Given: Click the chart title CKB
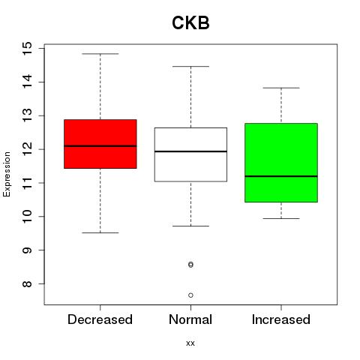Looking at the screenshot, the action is (x=190, y=23).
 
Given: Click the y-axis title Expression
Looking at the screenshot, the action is (x=7, y=174).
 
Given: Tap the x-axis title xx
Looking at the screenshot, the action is (x=190, y=343).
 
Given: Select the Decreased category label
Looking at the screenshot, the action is (x=100, y=319).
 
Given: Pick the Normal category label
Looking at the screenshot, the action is (x=190, y=319).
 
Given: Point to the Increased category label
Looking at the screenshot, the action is (x=281, y=319).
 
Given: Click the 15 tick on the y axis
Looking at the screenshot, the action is (x=27, y=49).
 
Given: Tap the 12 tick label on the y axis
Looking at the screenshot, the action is (x=27, y=149).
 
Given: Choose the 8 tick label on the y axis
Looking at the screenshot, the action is (x=27, y=283).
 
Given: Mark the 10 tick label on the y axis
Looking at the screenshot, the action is (x=27, y=217).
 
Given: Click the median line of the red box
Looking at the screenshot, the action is (x=100, y=146).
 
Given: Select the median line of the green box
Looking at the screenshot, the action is (x=281, y=176).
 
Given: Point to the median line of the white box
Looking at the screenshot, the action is (x=190, y=151).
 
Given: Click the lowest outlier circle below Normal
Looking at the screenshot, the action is (x=190, y=295).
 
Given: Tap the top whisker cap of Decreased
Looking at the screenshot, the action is (x=100, y=54).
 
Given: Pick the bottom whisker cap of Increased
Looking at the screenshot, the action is (x=281, y=218).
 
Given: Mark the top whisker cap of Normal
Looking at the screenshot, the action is (x=190, y=67).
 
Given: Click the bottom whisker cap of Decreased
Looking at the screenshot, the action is (x=100, y=232).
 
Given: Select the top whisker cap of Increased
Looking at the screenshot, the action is (x=281, y=88).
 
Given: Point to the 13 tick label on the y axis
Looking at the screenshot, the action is (x=27, y=115).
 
